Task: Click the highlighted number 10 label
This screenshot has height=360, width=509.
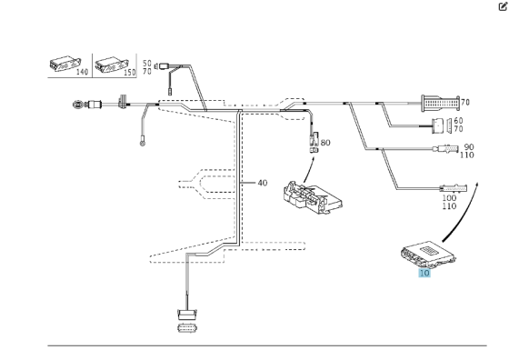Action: coord(424,271)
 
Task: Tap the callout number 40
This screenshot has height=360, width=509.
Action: coord(262,183)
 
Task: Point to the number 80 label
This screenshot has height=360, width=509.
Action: coord(326,142)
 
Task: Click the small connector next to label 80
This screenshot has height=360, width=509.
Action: coord(314,141)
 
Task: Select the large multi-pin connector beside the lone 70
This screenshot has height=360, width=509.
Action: coord(440,102)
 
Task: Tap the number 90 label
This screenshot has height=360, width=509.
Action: coord(469,146)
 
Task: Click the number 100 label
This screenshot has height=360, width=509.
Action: coord(449,197)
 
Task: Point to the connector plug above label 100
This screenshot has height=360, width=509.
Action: coord(464,187)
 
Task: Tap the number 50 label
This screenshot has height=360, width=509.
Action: coord(146,64)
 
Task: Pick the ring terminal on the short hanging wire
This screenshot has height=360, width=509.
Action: coord(141,140)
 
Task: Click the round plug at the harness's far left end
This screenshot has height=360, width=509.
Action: coord(79,105)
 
